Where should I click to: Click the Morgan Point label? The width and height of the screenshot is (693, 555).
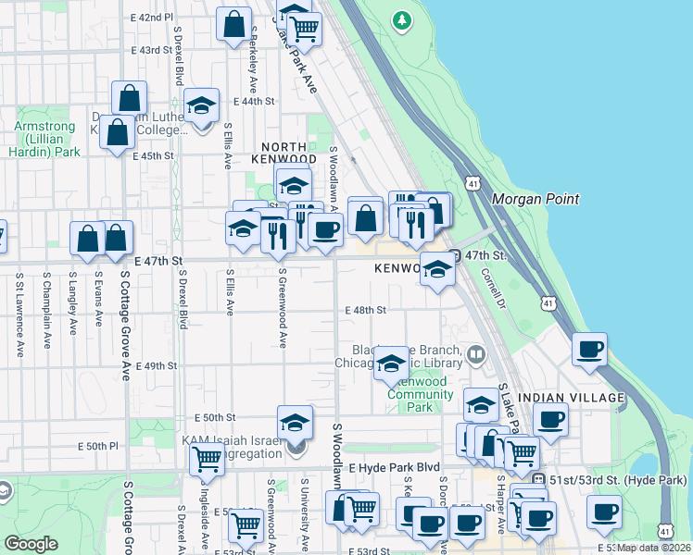point(535,199)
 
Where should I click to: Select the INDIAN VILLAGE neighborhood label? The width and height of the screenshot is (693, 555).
point(572,398)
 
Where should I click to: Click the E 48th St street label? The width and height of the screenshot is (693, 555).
point(364,311)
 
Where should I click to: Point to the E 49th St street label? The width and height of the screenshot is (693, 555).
point(155,366)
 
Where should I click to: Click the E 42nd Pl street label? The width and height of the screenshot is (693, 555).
point(153,18)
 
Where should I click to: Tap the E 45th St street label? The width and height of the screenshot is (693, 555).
point(153,156)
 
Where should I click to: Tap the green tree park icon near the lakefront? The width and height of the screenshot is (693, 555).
point(401,18)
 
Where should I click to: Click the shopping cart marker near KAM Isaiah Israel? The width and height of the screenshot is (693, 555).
point(207,457)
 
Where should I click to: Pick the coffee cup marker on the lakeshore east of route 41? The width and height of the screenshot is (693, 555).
point(589,350)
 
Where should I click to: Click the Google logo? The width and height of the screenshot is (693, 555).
point(31,544)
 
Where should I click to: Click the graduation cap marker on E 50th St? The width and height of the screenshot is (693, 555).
point(296,423)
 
